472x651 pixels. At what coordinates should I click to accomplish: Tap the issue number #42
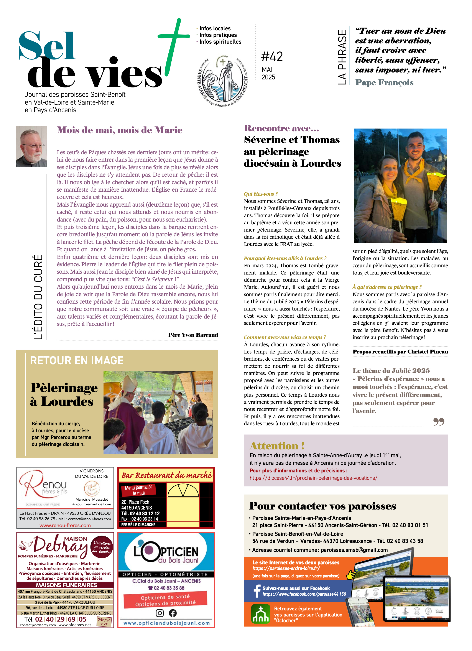tap(272, 57)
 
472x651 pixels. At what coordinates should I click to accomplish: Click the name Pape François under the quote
tap(384, 83)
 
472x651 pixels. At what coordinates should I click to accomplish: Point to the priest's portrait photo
tap(32, 146)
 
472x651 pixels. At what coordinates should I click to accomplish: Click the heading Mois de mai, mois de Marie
tap(119, 130)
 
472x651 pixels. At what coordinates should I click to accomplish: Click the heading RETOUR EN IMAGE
tap(77, 360)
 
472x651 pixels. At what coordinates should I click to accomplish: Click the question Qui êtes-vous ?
tap(261, 194)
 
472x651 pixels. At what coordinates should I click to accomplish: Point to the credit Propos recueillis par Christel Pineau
tap(400, 352)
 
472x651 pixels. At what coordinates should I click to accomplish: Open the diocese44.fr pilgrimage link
tap(313, 478)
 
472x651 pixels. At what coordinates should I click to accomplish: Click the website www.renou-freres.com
tap(65, 525)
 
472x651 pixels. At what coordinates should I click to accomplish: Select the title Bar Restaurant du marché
tap(166, 475)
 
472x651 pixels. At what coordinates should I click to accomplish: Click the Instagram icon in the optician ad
tap(160, 613)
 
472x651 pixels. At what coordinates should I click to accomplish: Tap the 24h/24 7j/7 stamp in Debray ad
tap(104, 622)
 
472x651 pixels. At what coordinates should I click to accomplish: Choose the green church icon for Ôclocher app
tap(260, 614)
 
